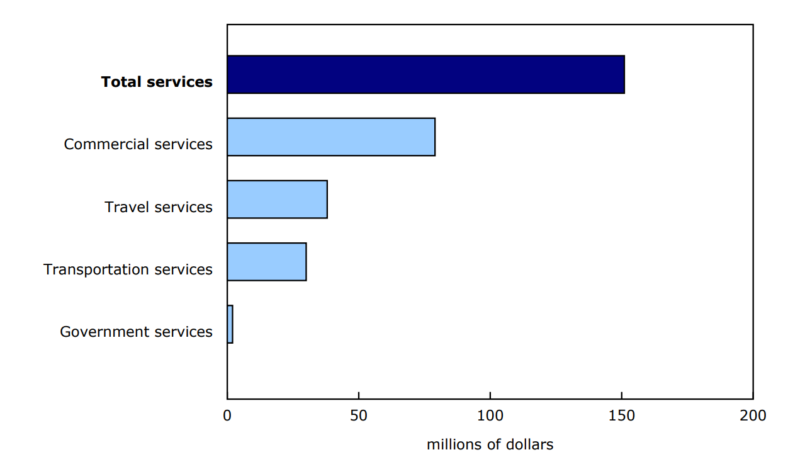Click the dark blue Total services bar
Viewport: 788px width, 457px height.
pyautogui.click(x=425, y=74)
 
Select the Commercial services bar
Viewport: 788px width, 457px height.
pyautogui.click(x=331, y=137)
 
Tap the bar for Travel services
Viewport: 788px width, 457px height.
pyautogui.click(x=277, y=200)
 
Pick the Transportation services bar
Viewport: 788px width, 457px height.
pyautogui.click(x=266, y=262)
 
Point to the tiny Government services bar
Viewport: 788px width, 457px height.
pyautogui.click(x=230, y=324)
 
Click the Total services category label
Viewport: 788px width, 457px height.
pyautogui.click(x=157, y=82)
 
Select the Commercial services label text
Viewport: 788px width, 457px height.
pyautogui.click(x=138, y=144)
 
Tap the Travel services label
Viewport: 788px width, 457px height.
pyautogui.click(x=159, y=207)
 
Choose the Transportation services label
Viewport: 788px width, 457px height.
pyautogui.click(x=128, y=269)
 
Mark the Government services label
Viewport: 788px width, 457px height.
pyautogui.click(x=136, y=332)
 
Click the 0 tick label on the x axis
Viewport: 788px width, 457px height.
pyautogui.click(x=227, y=415)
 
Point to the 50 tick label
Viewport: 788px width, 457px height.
pyautogui.click(x=358, y=415)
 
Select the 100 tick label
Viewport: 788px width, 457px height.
pyautogui.click(x=490, y=415)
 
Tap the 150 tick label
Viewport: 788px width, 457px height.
pyautogui.click(x=621, y=415)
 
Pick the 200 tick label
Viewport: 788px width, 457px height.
pyautogui.click(x=753, y=415)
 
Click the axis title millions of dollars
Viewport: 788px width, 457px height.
pyautogui.click(x=490, y=444)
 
